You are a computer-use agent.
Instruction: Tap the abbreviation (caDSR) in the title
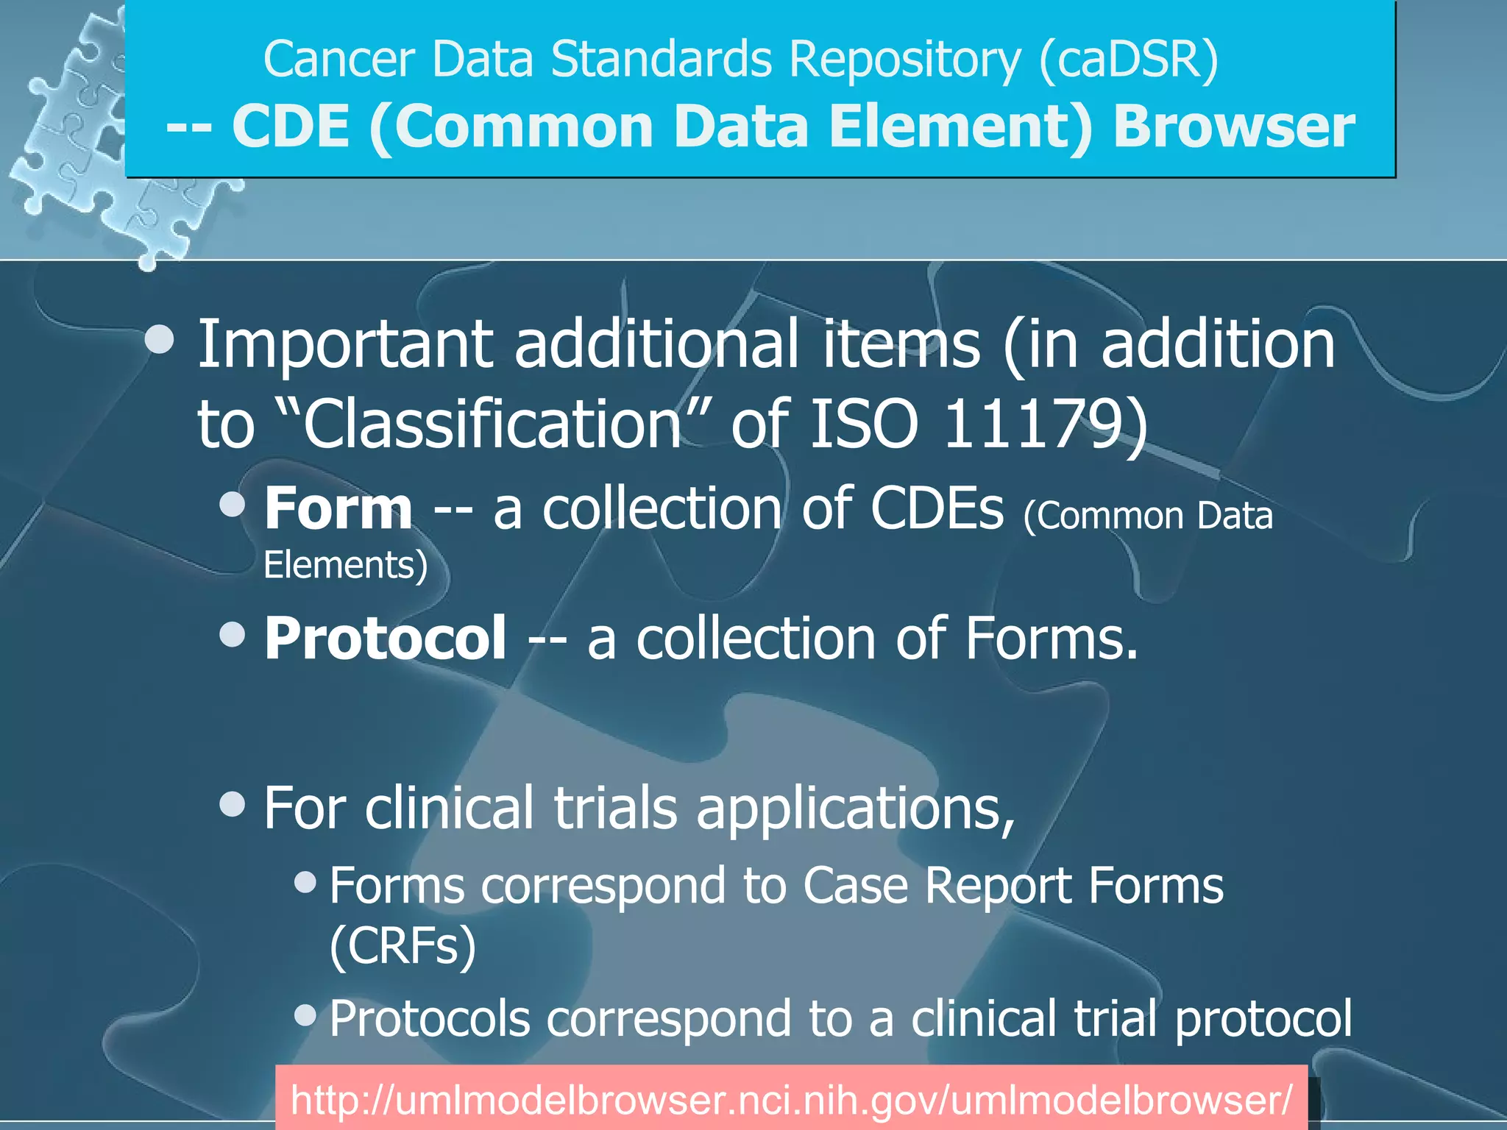(1129, 59)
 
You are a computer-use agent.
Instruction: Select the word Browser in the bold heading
(1233, 127)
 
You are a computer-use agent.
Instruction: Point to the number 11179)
(1045, 425)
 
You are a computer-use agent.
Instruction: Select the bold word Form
(338, 509)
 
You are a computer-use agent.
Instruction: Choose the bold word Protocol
(385, 639)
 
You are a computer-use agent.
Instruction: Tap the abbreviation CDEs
(937, 509)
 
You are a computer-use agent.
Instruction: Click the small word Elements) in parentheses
(345, 566)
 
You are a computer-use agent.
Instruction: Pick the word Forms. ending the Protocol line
(1052, 639)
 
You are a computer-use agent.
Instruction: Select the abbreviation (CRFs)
(403, 947)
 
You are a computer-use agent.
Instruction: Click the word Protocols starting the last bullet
(430, 1020)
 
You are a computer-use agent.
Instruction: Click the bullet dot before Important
(160, 340)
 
